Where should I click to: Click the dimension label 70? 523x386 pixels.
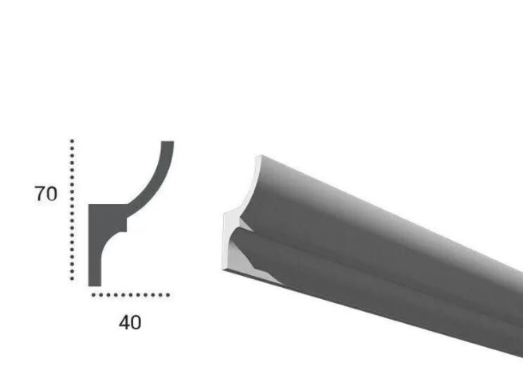[x=46, y=194]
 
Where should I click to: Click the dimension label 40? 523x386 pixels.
[x=130, y=322]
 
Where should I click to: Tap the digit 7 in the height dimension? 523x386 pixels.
[x=40, y=194]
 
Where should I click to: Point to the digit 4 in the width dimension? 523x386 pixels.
[x=124, y=322]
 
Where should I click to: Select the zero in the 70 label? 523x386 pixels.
[x=52, y=194]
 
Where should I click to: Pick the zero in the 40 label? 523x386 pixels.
[x=136, y=322]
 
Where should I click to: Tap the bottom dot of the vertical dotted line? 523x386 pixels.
[x=72, y=278]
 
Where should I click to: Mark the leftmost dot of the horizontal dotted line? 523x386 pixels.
[x=93, y=295]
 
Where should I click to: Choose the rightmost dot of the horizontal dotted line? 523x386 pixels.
[x=167, y=295]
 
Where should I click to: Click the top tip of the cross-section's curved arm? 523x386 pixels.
[x=167, y=144]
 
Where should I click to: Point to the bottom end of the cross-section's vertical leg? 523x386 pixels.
[x=94, y=283]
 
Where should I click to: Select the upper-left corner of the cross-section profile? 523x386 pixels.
[x=89, y=207]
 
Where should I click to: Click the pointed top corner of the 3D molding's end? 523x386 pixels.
[x=257, y=158]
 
